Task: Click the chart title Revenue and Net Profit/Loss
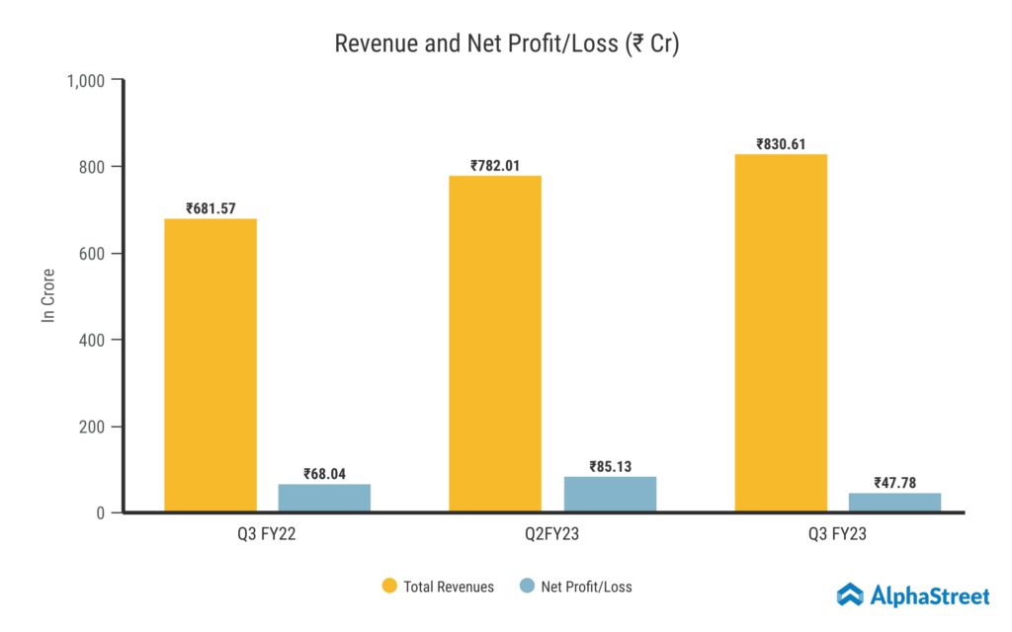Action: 506,44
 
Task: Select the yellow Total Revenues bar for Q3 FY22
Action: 211,365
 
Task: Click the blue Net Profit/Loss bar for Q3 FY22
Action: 324,498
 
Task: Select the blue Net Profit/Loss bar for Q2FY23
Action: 610,494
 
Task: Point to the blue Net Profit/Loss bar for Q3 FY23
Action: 894,502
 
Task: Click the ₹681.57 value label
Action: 211,208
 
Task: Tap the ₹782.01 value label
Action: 495,165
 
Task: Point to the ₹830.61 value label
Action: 781,144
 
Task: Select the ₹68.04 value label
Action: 324,473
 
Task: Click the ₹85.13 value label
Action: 610,466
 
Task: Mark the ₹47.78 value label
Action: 894,483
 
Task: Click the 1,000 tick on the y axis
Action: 86,80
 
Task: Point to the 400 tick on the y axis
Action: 94,340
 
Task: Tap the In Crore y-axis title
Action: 47,295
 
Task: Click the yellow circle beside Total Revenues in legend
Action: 389,587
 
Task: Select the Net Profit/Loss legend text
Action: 586,587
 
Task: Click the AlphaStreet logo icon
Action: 850,594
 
